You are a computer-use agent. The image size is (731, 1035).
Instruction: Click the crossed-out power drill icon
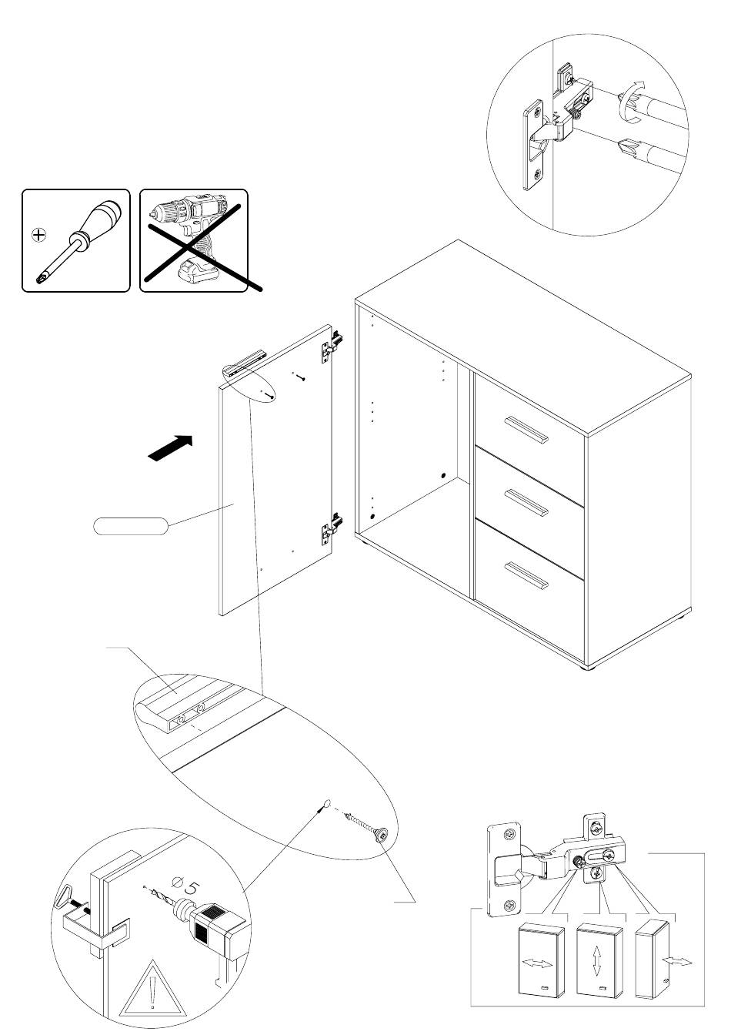pos(194,240)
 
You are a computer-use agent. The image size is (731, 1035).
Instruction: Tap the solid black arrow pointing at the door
pos(169,448)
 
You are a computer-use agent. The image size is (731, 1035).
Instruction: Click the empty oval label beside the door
pos(130,527)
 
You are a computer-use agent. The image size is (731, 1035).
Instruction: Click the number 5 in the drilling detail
pos(193,889)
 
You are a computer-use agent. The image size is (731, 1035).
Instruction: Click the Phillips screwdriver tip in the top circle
pos(629,146)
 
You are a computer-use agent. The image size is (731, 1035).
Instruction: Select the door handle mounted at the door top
pos(245,362)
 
